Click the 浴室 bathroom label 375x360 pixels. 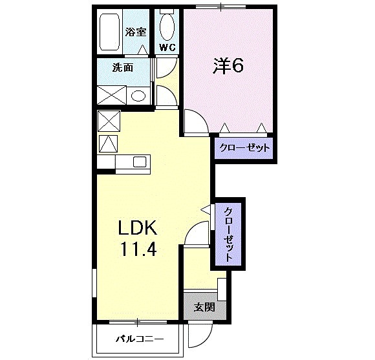(x=135, y=30)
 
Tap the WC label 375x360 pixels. (x=167, y=47)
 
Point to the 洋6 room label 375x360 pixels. (x=228, y=65)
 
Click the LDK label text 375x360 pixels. (x=136, y=229)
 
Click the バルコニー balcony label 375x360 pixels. (x=139, y=339)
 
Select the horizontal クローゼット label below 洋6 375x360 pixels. (x=243, y=148)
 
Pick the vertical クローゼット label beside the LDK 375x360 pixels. (x=229, y=233)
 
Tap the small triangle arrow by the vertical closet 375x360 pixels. (x=206, y=210)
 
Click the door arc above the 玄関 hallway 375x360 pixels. (x=196, y=234)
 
